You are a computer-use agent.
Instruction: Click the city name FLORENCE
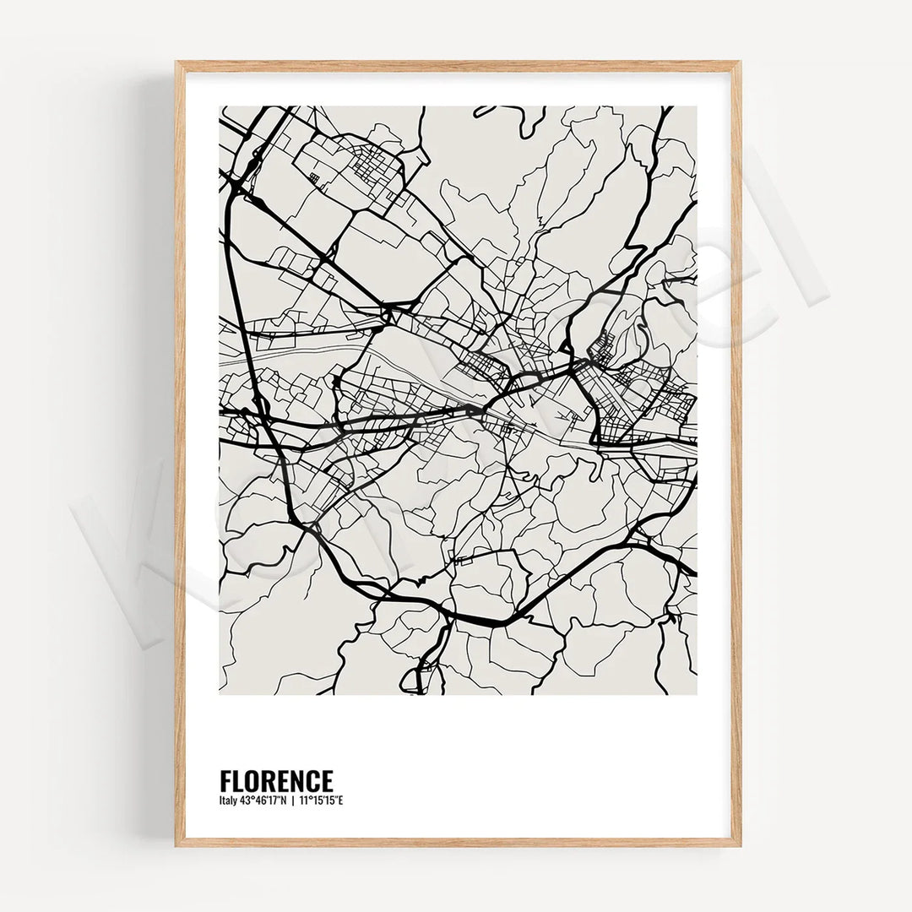click(276, 780)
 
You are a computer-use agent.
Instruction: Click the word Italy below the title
click(228, 801)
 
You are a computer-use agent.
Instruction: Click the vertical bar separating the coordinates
click(292, 801)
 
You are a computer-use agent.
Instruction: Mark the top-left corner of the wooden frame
click(176, 62)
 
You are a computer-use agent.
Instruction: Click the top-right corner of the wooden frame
click(740, 62)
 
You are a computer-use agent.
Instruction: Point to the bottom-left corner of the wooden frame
click(176, 845)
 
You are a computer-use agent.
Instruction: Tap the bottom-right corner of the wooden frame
click(740, 845)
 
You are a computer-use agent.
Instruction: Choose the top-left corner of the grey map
click(220, 106)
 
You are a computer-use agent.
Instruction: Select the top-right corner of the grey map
click(697, 106)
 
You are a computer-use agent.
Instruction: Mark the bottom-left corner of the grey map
click(220, 694)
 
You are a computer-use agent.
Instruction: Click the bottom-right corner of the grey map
click(697, 694)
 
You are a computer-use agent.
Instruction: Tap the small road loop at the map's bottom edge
click(413, 679)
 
